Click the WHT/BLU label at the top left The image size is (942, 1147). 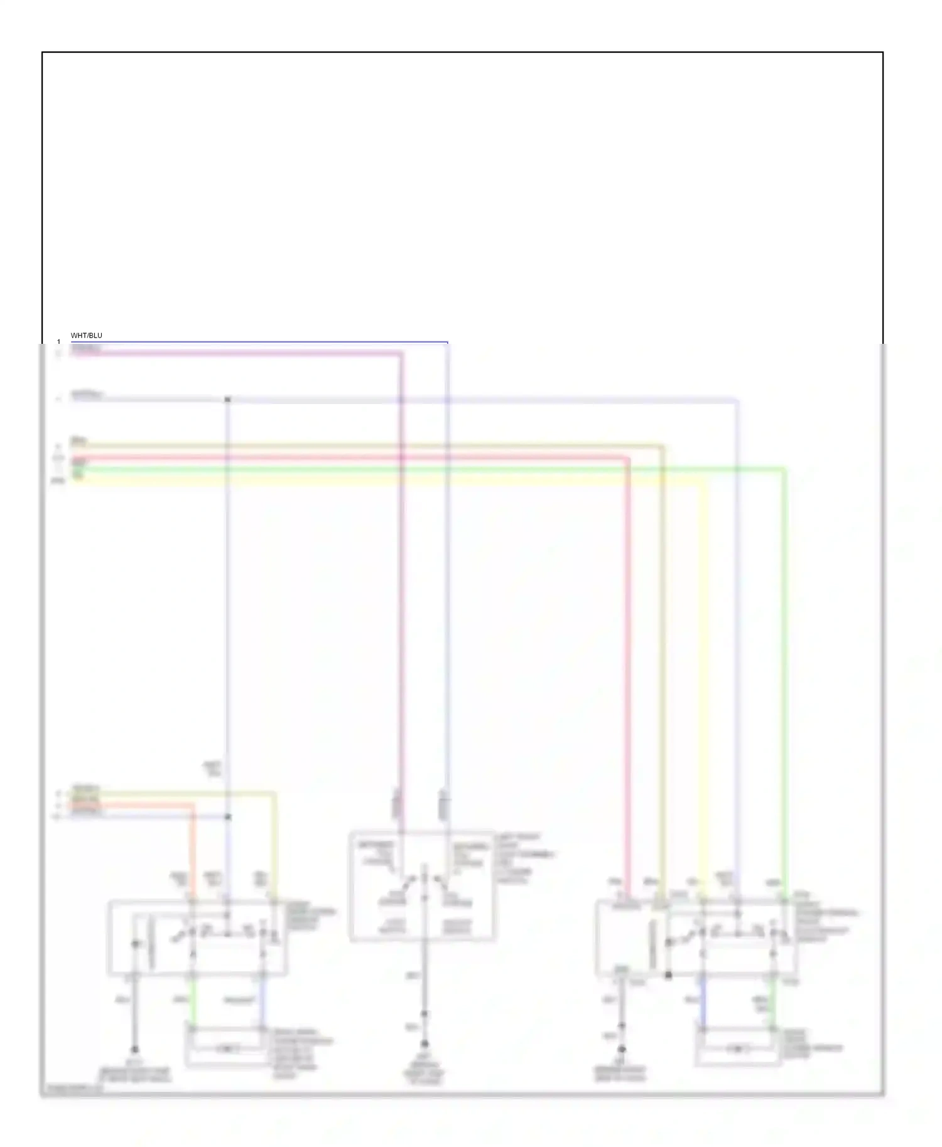pyautogui.click(x=86, y=336)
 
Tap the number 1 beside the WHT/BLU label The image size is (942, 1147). pyautogui.click(x=59, y=342)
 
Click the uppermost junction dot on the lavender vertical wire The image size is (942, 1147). pyautogui.click(x=228, y=399)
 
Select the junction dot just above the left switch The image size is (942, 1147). pyautogui.click(x=228, y=817)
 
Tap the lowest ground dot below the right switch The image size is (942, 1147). pyautogui.click(x=622, y=1049)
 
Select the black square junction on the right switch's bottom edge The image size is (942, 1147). pyautogui.click(x=669, y=975)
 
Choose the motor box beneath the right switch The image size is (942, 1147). pyautogui.click(x=737, y=1047)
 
